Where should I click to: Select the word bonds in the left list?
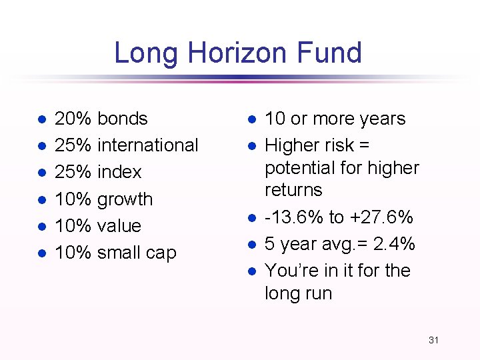[122, 119]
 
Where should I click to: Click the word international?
[147, 145]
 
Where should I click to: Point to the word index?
[119, 172]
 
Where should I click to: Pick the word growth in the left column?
[125, 199]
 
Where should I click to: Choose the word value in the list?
[119, 226]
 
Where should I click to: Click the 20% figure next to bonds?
[73, 119]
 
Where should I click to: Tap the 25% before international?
[73, 145]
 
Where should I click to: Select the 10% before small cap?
[73, 253]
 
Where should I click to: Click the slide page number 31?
[433, 340]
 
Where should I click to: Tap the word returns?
[293, 190]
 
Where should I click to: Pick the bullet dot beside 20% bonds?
[41, 119]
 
